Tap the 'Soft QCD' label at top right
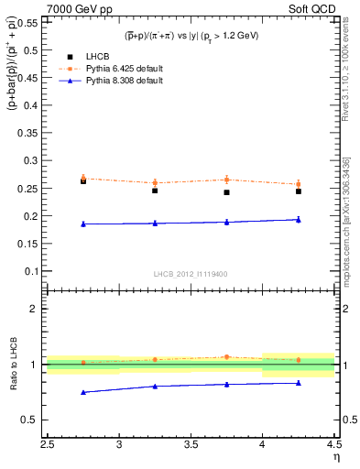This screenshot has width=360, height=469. (313, 7)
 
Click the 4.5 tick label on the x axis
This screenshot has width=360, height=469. (333, 443)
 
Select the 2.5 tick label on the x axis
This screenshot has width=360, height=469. (48, 443)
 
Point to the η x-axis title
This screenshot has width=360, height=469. (336, 456)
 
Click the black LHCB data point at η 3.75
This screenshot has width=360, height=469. (226, 192)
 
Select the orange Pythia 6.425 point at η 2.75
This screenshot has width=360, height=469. (83, 178)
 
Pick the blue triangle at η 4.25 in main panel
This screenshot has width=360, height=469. (298, 219)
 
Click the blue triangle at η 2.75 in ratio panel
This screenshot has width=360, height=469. (83, 392)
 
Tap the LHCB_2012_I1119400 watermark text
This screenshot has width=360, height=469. (191, 274)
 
